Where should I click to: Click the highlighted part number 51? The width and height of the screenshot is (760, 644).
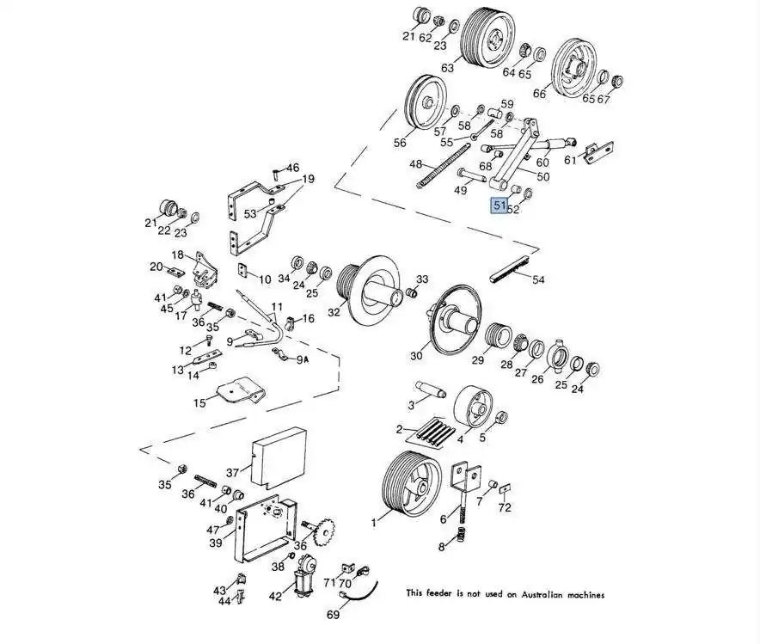[499, 205]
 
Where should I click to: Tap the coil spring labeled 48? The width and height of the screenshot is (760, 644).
[444, 165]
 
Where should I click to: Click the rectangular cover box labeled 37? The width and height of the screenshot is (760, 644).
[279, 457]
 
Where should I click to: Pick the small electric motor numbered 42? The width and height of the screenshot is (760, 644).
[304, 575]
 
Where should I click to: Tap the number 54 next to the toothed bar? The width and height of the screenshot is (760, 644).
[538, 279]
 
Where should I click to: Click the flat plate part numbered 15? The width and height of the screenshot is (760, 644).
[241, 390]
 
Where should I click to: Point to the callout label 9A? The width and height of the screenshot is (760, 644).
[303, 359]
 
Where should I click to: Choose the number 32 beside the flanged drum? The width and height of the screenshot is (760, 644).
[334, 313]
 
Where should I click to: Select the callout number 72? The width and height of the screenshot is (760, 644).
[505, 507]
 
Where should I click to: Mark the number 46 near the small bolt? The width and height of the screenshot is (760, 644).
[293, 169]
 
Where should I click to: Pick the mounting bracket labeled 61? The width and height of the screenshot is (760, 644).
[598, 152]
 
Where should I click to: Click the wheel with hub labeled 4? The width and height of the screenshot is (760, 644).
[473, 408]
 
